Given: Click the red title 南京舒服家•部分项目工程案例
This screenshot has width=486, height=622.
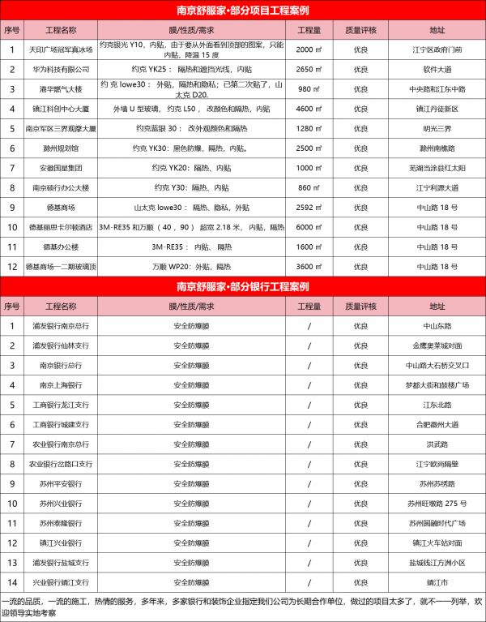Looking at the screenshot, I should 243,11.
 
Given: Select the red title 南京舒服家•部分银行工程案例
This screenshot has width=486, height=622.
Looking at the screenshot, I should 243,287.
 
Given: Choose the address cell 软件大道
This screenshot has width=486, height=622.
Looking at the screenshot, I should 437,69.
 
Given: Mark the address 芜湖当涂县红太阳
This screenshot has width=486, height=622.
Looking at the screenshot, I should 437,168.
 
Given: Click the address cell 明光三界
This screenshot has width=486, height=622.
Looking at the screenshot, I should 437,128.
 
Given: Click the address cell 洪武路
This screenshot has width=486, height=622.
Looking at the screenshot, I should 437,444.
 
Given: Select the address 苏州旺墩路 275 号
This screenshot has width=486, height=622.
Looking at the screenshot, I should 437,504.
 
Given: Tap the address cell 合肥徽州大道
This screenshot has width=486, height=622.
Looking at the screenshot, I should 437,424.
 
